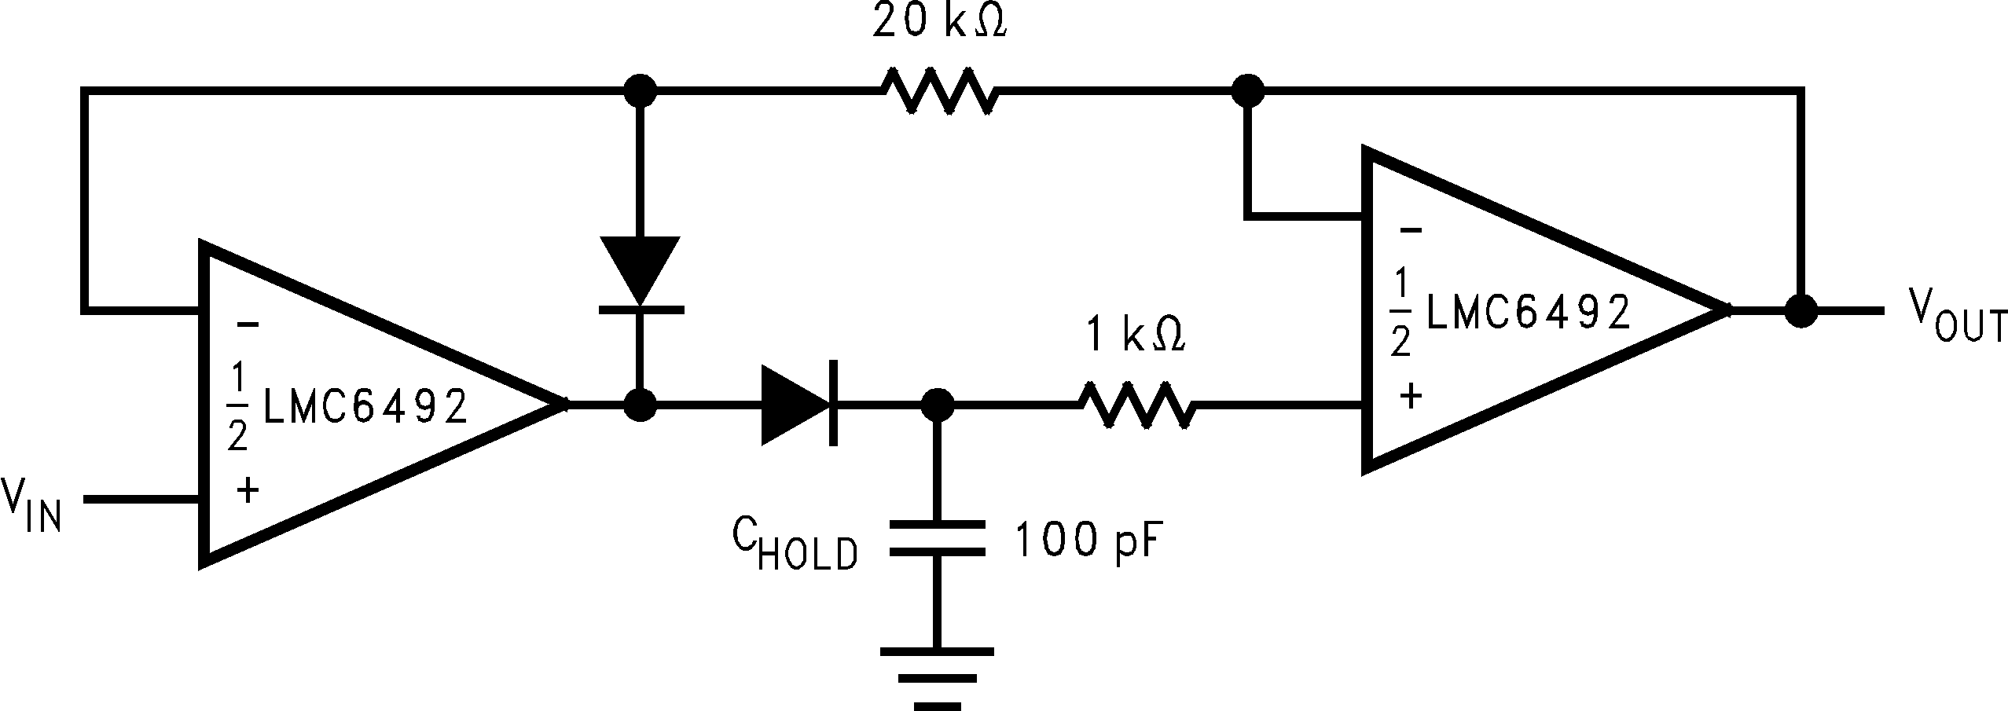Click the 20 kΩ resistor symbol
coord(940,93)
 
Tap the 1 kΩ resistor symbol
coord(1137,405)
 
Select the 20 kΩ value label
coord(940,24)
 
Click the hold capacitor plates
coord(936,538)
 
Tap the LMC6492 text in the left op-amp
coord(365,407)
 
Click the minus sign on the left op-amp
coord(247,324)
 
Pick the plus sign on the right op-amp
coord(1411,395)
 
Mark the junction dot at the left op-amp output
coord(641,405)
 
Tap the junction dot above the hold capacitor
coord(936,405)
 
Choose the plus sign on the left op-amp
coord(248,491)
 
